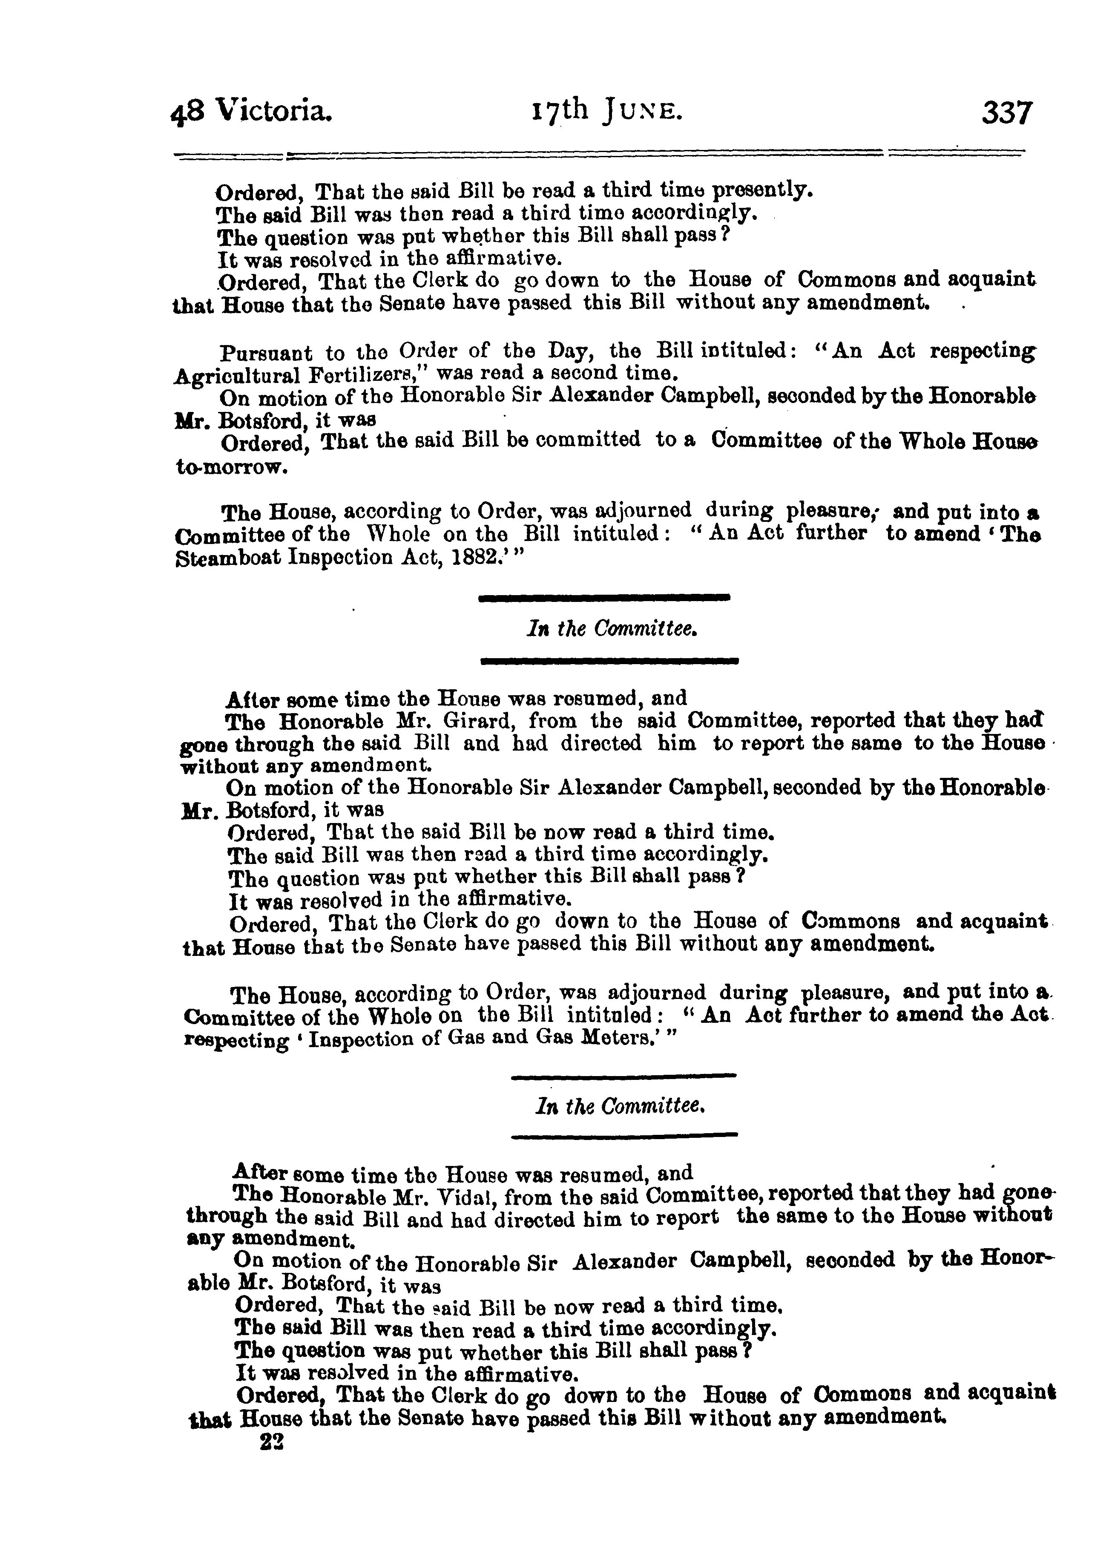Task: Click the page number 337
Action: pyautogui.click(x=1008, y=113)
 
